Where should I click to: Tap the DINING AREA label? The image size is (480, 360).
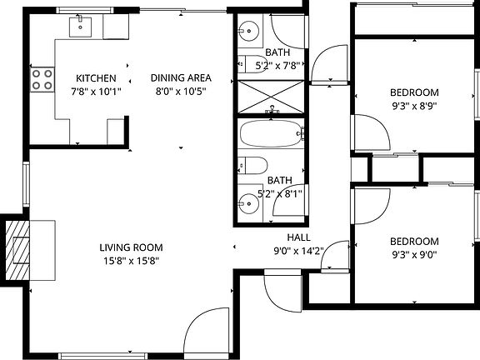(178, 78)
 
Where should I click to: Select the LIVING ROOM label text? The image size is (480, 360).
(130, 247)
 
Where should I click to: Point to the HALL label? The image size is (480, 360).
(299, 237)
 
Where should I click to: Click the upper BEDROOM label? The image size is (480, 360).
(414, 92)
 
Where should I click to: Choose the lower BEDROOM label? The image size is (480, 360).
(414, 242)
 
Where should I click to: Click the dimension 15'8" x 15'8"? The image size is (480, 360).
(130, 261)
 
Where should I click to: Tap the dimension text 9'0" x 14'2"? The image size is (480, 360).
(299, 250)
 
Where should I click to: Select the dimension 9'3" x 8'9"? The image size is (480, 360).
(414, 105)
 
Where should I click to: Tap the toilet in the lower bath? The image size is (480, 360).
(252, 165)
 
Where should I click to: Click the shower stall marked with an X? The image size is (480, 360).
(272, 97)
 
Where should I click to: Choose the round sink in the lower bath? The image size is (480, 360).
(247, 202)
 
